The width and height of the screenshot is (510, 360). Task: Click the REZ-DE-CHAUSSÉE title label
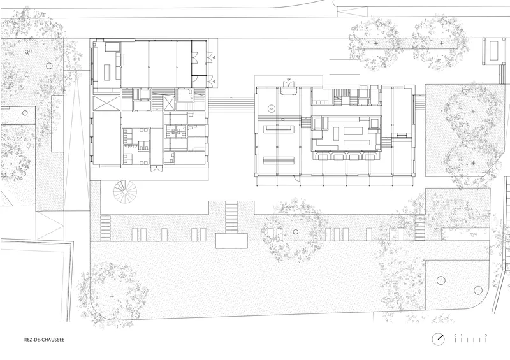44,340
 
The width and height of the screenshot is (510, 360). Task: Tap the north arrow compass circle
438,339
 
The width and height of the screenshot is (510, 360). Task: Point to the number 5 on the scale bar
486,335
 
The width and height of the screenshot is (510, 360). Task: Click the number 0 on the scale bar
455,335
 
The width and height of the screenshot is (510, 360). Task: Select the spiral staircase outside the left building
125,192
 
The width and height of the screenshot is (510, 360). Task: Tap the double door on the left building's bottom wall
156,169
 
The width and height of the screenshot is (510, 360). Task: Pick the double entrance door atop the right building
289,83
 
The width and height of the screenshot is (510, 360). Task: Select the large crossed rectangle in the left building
106,103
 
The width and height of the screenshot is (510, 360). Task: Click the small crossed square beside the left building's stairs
169,103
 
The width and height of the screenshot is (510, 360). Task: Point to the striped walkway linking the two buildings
231,103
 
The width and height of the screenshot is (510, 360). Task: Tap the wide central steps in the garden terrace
231,217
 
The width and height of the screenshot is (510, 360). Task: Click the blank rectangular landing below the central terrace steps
231,241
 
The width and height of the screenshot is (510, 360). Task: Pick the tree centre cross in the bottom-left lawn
112,296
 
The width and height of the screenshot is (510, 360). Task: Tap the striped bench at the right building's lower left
279,161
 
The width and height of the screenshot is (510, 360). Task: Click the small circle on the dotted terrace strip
296,232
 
